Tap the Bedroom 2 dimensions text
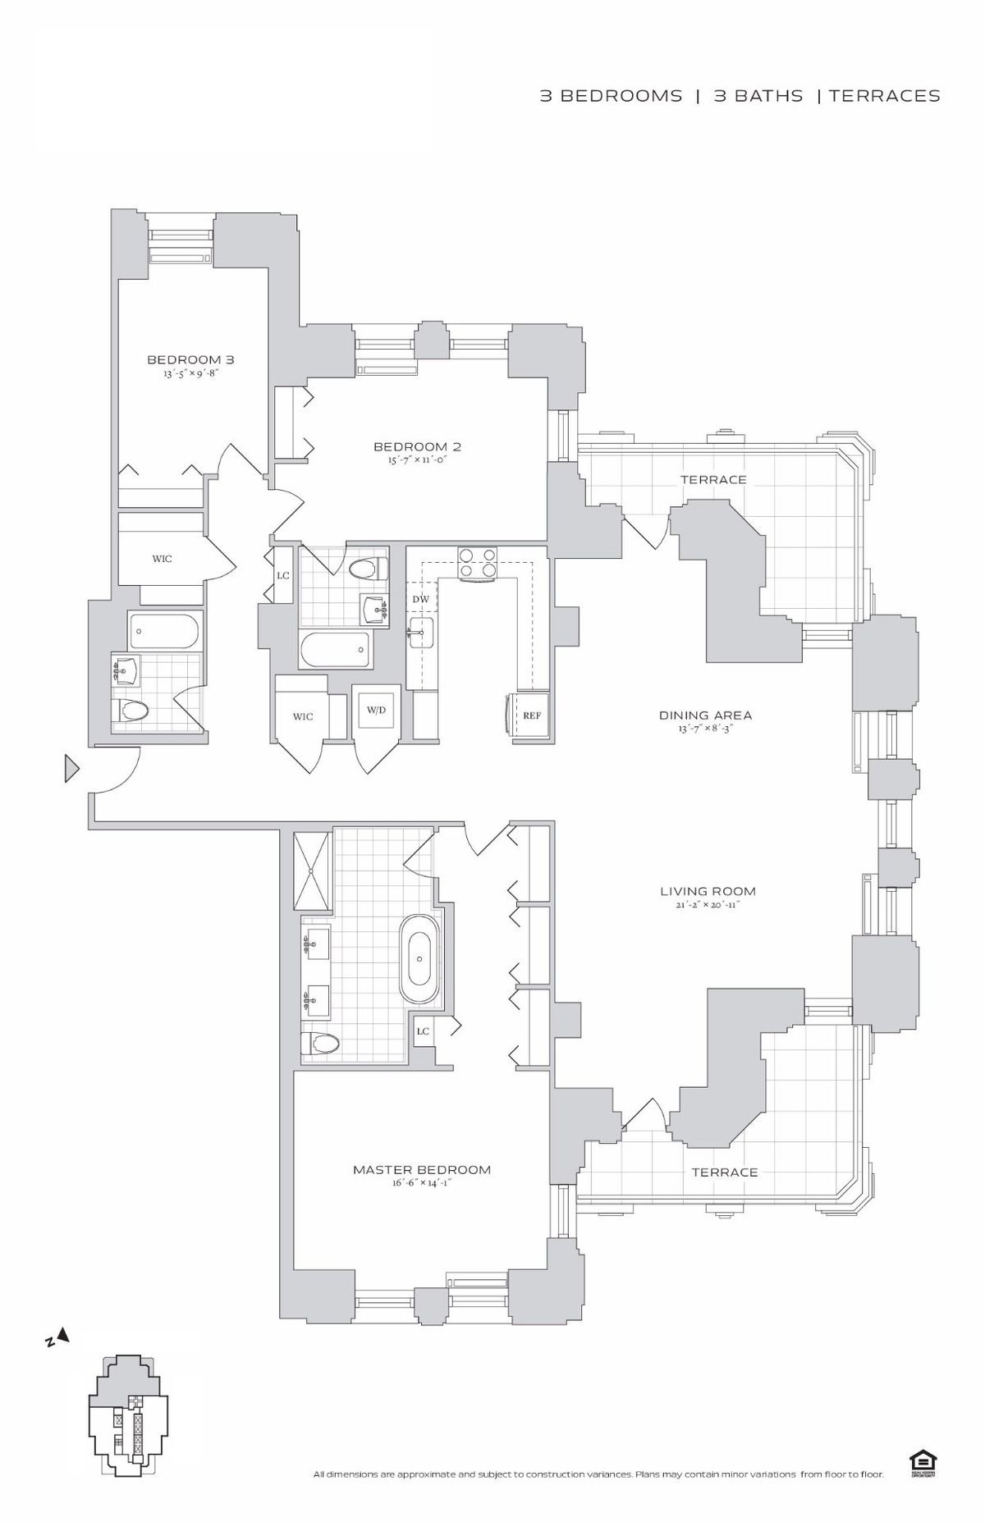point(417,459)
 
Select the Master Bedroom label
point(422,1169)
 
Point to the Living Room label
point(708,891)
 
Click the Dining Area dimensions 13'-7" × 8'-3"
point(705,728)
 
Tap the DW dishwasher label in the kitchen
point(420,599)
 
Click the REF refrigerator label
point(532,715)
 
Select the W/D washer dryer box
point(377,710)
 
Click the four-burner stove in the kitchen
point(478,564)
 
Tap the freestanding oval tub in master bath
point(419,958)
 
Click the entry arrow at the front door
point(71,769)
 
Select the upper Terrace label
point(713,479)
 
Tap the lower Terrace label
point(724,1172)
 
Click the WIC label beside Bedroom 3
point(162,559)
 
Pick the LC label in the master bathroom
point(423,1031)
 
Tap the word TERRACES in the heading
point(884,96)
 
